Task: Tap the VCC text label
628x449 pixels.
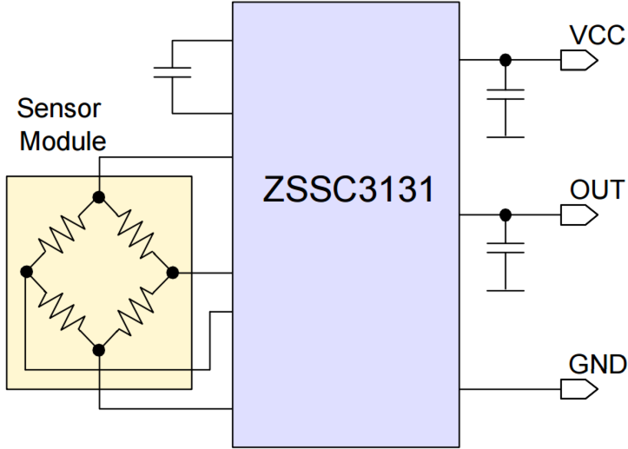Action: [x=596, y=35]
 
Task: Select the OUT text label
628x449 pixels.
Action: [x=597, y=190]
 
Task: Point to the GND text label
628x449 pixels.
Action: [x=597, y=364]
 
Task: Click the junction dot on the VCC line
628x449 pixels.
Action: [x=505, y=60]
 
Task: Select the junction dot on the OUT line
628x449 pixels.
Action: [x=505, y=215]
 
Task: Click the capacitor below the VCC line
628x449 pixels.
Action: [x=505, y=94]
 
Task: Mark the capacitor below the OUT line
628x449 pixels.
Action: [x=505, y=248]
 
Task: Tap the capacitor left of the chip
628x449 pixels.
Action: [x=172, y=72]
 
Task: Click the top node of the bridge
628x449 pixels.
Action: [x=99, y=197]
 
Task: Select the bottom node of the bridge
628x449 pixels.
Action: [x=99, y=350]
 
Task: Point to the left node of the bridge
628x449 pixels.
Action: [x=26, y=272]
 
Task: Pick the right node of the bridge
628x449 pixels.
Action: [x=172, y=272]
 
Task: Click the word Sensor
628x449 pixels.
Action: [x=59, y=108]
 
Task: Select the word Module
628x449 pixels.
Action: [x=63, y=141]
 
